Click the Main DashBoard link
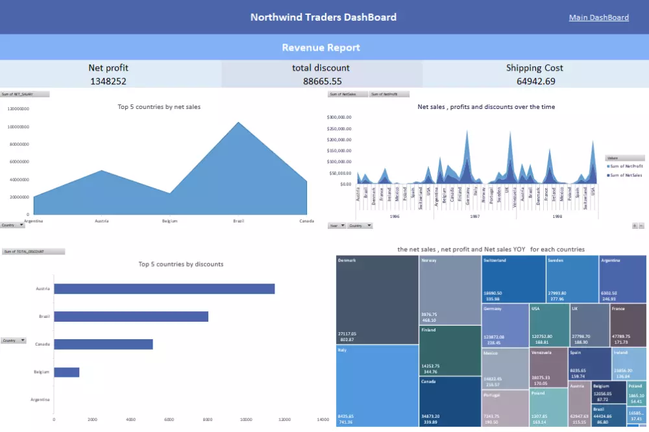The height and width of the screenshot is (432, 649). click(598, 18)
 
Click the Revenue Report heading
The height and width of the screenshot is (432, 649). click(321, 47)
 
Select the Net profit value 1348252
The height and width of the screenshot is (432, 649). click(108, 81)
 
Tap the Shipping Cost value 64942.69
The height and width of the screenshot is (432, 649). click(535, 81)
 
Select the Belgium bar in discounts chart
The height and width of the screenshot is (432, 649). click(66, 372)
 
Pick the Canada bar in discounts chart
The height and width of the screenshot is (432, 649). click(103, 344)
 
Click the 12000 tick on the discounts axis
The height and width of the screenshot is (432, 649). click(284, 420)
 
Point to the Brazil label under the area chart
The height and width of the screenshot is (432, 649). click(238, 221)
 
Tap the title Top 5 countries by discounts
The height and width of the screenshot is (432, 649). click(180, 264)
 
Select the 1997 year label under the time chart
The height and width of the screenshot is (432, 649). click(475, 216)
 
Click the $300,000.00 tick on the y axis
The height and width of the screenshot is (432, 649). click(339, 117)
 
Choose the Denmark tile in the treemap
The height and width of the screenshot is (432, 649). click(376, 299)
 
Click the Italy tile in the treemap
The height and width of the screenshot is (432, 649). click(376, 385)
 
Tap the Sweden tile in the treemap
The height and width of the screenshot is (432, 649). click(572, 279)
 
